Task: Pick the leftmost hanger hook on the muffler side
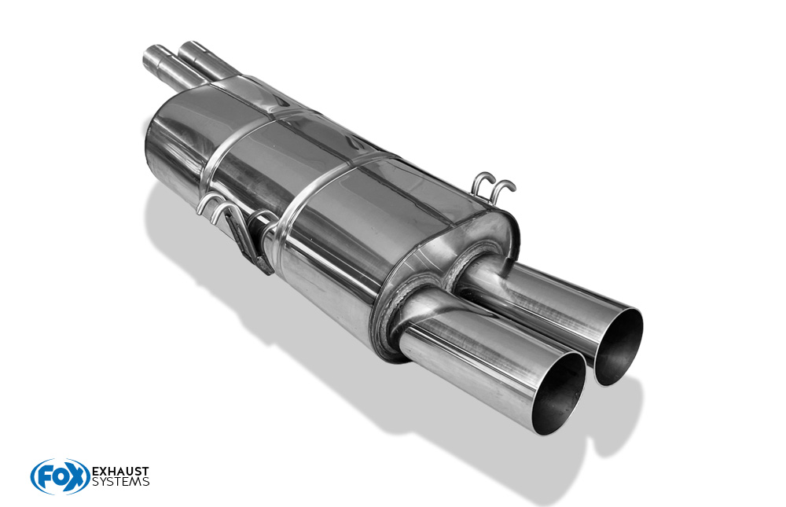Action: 210,206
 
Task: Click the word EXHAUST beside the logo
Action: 121,472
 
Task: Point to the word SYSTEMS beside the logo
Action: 121,483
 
